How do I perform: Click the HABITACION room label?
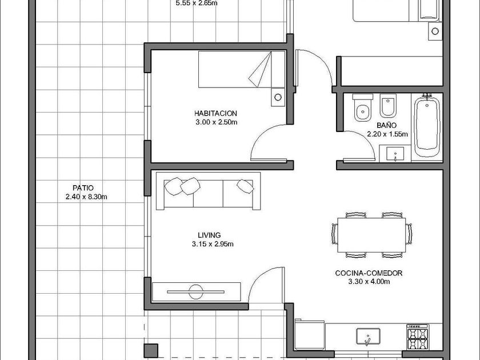(x=215, y=113)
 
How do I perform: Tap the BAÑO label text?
(x=386, y=125)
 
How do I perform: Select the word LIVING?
(x=209, y=235)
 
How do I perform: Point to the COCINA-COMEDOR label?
(x=369, y=273)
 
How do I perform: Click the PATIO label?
(x=83, y=187)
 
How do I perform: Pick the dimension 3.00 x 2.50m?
(x=217, y=122)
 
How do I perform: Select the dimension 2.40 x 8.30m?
(x=86, y=197)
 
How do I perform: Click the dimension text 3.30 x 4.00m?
(x=369, y=282)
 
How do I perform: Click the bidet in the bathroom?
(x=388, y=106)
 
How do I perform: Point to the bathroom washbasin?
(x=395, y=153)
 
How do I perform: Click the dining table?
(x=371, y=235)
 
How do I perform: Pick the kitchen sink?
(x=368, y=336)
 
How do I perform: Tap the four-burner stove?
(x=417, y=337)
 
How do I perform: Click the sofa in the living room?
(x=208, y=191)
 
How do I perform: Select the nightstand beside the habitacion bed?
(x=278, y=97)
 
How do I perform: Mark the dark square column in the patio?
(x=151, y=350)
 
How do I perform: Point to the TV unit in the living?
(x=196, y=292)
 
